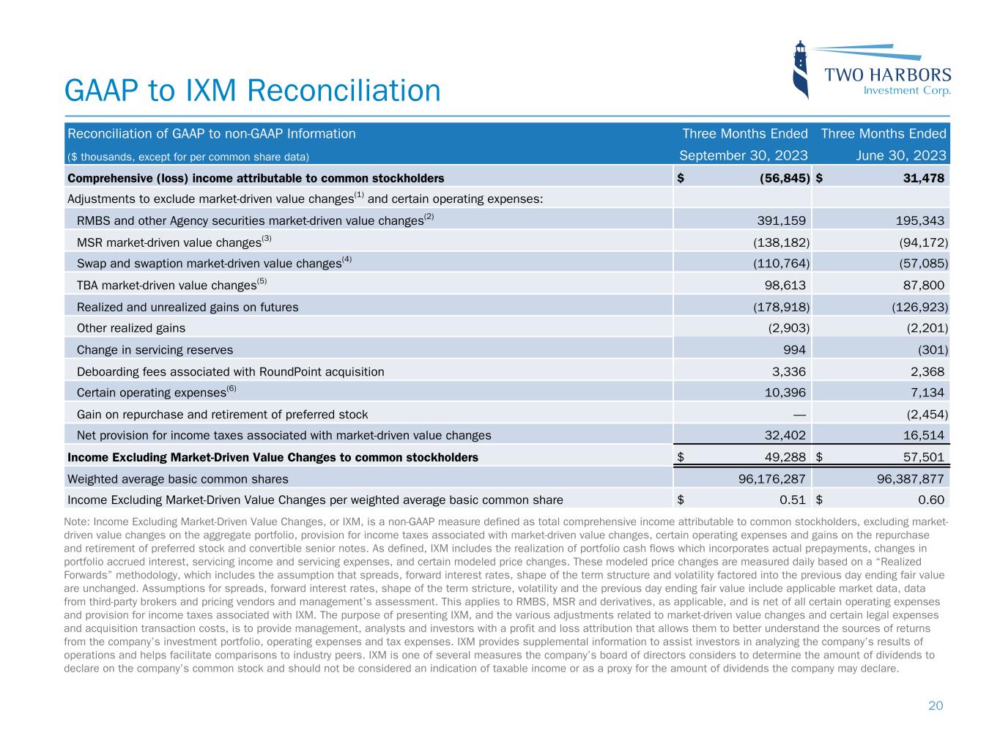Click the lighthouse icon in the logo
click(802, 69)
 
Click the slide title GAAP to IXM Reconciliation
click(253, 91)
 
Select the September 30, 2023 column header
click(744, 155)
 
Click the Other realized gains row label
click(131, 328)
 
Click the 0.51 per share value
click(793, 500)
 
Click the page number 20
click(936, 706)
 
